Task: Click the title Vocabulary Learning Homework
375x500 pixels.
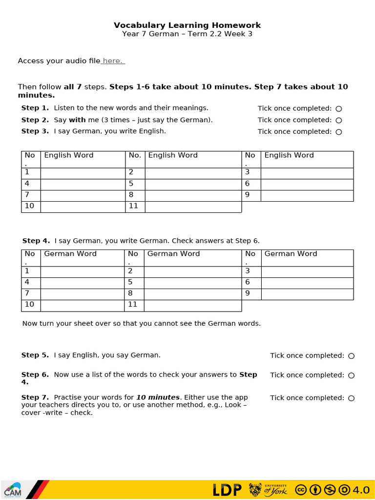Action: click(187, 25)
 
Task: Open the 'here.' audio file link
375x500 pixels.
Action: click(113, 61)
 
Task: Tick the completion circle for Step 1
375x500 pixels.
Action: click(339, 108)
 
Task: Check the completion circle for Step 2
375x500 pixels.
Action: click(339, 120)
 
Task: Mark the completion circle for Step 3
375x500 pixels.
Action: click(339, 132)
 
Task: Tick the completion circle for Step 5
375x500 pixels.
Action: click(352, 356)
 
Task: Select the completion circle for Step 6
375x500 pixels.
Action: click(352, 375)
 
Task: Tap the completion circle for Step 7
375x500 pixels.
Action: click(352, 398)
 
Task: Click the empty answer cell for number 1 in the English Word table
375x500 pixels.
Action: click(83, 173)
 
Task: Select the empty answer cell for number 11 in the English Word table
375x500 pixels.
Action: click(193, 207)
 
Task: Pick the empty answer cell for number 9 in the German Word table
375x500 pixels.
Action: click(307, 294)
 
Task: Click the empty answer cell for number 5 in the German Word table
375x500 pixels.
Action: click(193, 283)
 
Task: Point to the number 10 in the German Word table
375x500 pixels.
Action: click(30, 305)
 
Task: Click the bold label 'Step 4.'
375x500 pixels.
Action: click(36, 241)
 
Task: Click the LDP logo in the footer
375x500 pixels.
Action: click(227, 490)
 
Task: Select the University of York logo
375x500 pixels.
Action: click(268, 490)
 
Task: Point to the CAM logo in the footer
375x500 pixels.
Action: click(13, 490)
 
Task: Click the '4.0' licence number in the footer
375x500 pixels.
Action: click(361, 490)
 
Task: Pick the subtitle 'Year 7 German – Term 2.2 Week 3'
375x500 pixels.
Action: click(187, 34)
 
